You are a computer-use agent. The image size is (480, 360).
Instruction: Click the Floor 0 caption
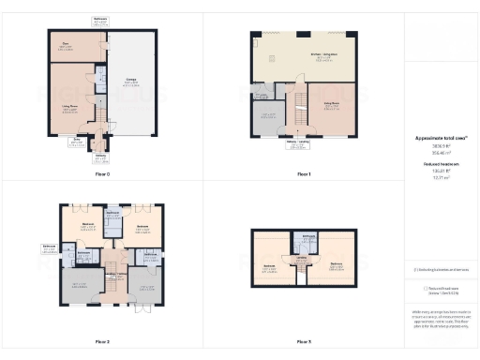click(103, 174)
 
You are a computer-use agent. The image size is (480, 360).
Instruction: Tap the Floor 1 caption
click(303, 174)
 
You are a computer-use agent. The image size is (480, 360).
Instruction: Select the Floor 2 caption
click(103, 341)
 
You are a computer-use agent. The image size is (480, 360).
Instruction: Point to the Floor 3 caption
click(303, 341)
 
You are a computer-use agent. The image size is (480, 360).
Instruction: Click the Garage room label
click(132, 82)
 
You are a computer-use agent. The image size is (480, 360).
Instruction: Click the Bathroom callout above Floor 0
click(100, 20)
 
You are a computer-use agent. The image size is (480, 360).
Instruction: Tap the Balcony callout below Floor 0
click(100, 157)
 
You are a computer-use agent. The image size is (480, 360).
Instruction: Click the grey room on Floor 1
click(269, 117)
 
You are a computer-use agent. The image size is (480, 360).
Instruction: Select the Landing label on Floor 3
click(303, 257)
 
